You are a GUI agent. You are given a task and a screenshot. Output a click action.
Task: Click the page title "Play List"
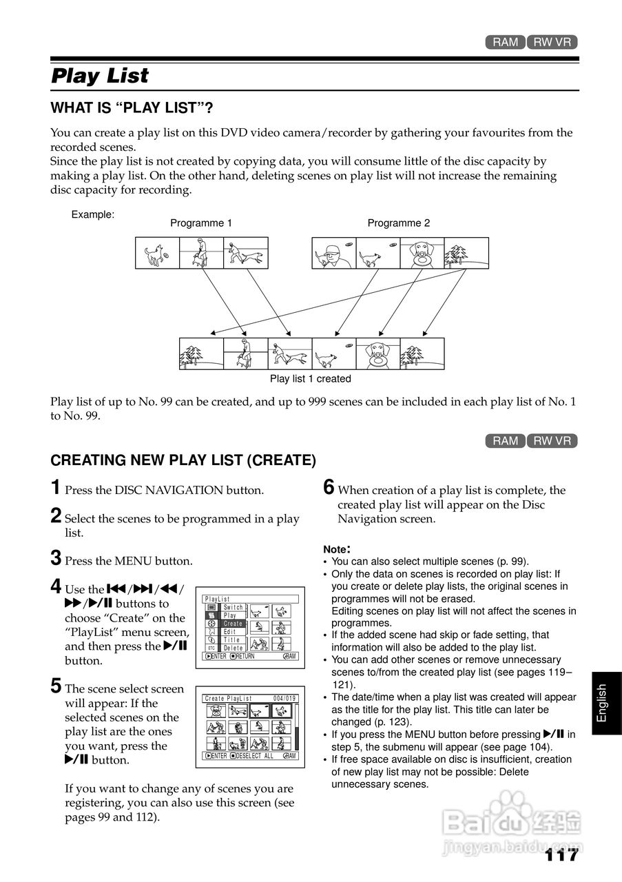(100, 75)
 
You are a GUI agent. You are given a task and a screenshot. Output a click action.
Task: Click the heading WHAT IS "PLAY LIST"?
(132, 108)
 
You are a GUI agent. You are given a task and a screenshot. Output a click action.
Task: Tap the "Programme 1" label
(201, 223)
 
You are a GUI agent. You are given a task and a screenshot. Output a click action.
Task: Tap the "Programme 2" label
(399, 223)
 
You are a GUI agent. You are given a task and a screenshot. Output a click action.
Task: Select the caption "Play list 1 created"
(310, 378)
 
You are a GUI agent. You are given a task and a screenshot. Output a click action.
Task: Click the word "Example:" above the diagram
(93, 214)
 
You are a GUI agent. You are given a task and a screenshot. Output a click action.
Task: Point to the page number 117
(561, 855)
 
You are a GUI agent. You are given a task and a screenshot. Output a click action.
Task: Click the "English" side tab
(602, 702)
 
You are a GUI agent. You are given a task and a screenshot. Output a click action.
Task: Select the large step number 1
(56, 488)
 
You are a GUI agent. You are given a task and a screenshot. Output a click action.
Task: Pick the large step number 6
(329, 488)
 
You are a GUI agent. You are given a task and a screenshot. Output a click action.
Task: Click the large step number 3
(56, 558)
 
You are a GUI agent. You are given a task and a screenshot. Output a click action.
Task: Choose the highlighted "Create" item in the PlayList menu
(233, 624)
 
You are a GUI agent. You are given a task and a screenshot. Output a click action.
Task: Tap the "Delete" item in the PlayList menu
(234, 648)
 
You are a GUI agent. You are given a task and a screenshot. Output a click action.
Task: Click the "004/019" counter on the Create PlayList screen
(284, 699)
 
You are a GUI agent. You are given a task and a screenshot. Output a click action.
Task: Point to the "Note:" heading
(337, 549)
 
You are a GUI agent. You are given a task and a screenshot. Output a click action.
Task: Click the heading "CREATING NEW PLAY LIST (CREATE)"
(183, 460)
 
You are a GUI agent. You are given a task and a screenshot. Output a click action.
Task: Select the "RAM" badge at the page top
(505, 42)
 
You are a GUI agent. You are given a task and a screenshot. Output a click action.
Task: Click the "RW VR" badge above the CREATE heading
(552, 441)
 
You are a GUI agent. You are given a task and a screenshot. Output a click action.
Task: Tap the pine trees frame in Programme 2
(466, 253)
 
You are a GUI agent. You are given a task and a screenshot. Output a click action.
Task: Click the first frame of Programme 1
(157, 253)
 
